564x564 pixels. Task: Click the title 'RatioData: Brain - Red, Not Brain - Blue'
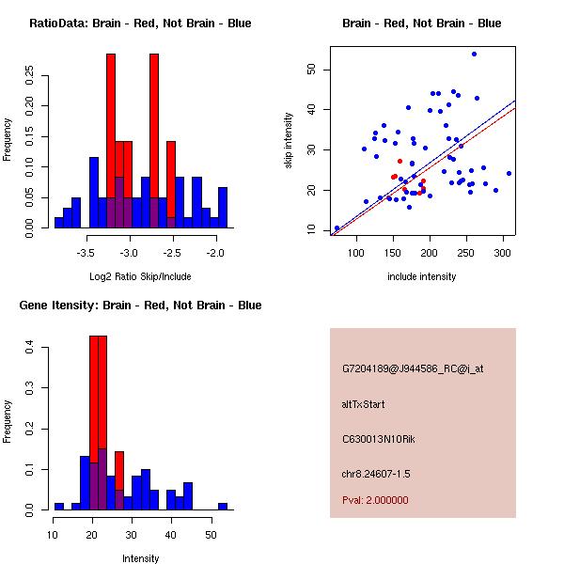(x=140, y=23)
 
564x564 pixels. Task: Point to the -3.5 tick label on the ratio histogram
(x=86, y=253)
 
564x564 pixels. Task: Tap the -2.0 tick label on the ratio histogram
(x=215, y=253)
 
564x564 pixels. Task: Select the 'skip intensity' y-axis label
(x=289, y=141)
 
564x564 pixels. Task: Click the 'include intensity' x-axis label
(x=421, y=276)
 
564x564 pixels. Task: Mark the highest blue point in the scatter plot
(x=474, y=55)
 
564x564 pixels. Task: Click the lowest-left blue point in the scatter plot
(x=337, y=227)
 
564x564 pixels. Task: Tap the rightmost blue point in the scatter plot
(x=509, y=173)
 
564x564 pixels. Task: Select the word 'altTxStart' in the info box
(x=364, y=404)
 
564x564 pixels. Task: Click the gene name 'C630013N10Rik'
(x=374, y=438)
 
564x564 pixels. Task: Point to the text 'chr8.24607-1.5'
(x=376, y=473)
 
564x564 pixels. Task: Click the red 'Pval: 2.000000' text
(x=375, y=500)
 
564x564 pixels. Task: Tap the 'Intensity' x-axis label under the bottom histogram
(x=141, y=558)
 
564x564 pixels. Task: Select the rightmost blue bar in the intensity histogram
(x=223, y=506)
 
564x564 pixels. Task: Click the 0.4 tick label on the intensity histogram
(x=31, y=348)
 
